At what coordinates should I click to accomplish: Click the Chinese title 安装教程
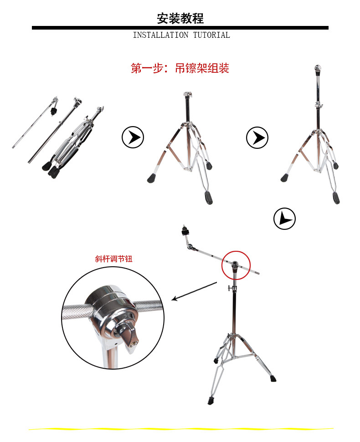[180, 18]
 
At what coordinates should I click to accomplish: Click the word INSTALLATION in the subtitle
[160, 35]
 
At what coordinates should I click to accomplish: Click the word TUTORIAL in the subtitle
[211, 35]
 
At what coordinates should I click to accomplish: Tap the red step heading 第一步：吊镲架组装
[180, 68]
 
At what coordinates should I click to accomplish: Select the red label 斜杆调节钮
[113, 259]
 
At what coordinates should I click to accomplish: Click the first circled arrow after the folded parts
[133, 137]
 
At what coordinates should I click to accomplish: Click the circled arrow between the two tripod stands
[257, 137]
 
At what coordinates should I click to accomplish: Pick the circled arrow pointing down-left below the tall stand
[284, 218]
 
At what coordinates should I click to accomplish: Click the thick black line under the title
[180, 28]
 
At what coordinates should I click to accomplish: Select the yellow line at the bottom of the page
[181, 429]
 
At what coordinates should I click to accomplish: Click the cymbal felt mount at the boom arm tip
[185, 231]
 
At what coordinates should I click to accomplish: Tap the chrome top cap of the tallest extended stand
[318, 69]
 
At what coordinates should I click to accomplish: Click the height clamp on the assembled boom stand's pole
[232, 288]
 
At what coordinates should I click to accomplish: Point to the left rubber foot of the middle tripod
[151, 179]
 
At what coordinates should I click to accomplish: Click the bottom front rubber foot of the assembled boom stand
[211, 401]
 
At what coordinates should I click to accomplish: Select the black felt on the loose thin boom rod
[53, 111]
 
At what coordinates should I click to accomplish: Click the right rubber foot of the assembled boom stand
[273, 378]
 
